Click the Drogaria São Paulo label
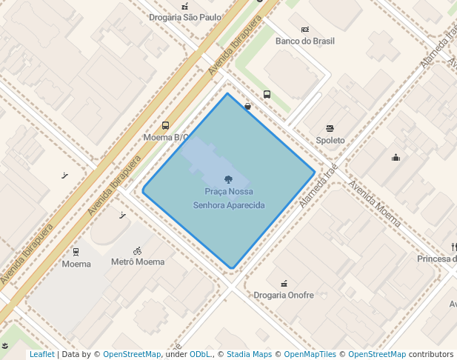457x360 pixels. tap(185, 17)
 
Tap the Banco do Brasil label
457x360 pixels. tap(304, 41)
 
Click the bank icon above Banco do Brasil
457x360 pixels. tap(304, 29)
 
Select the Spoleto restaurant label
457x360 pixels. tap(330, 140)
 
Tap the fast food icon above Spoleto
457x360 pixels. tap(330, 128)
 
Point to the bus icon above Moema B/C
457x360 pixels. tap(165, 126)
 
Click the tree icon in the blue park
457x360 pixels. tap(228, 179)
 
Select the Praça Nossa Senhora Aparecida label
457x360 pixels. tap(229, 199)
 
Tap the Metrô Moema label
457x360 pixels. tap(138, 262)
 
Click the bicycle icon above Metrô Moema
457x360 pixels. tap(137, 250)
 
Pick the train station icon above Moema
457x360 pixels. tap(76, 252)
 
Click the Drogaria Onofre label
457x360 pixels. tap(284, 295)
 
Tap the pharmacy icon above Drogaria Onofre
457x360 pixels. tap(283, 283)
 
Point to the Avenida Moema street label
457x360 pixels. tap(375, 204)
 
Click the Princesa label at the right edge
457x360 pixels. tap(436, 259)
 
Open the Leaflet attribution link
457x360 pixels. tap(42, 354)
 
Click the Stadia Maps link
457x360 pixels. tap(248, 354)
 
